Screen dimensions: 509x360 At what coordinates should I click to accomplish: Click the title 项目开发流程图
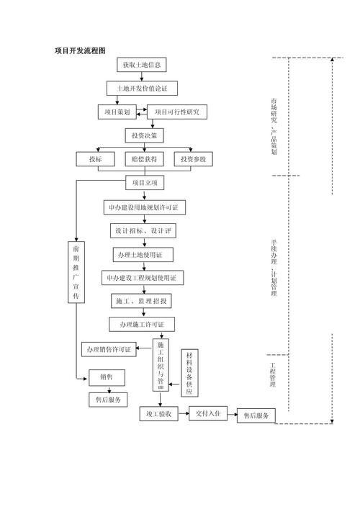(x=80, y=51)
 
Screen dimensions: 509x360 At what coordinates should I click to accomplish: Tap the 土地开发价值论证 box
(x=142, y=89)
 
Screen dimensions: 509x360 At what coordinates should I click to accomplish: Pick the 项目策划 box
(x=117, y=112)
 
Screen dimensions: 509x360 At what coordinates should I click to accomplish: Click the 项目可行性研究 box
(x=176, y=112)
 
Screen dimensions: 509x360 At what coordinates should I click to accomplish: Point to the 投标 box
(x=96, y=159)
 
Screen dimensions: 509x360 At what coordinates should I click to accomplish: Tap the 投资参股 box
(x=193, y=159)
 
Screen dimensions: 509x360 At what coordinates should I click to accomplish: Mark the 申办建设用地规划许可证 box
(x=143, y=207)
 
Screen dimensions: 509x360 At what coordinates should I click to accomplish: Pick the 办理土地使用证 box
(x=143, y=255)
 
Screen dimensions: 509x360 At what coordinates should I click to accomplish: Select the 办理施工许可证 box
(x=142, y=324)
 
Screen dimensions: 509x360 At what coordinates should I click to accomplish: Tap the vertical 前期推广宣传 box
(x=76, y=274)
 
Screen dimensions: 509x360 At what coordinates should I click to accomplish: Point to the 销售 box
(x=106, y=377)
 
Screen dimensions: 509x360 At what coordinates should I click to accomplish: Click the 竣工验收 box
(x=158, y=414)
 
